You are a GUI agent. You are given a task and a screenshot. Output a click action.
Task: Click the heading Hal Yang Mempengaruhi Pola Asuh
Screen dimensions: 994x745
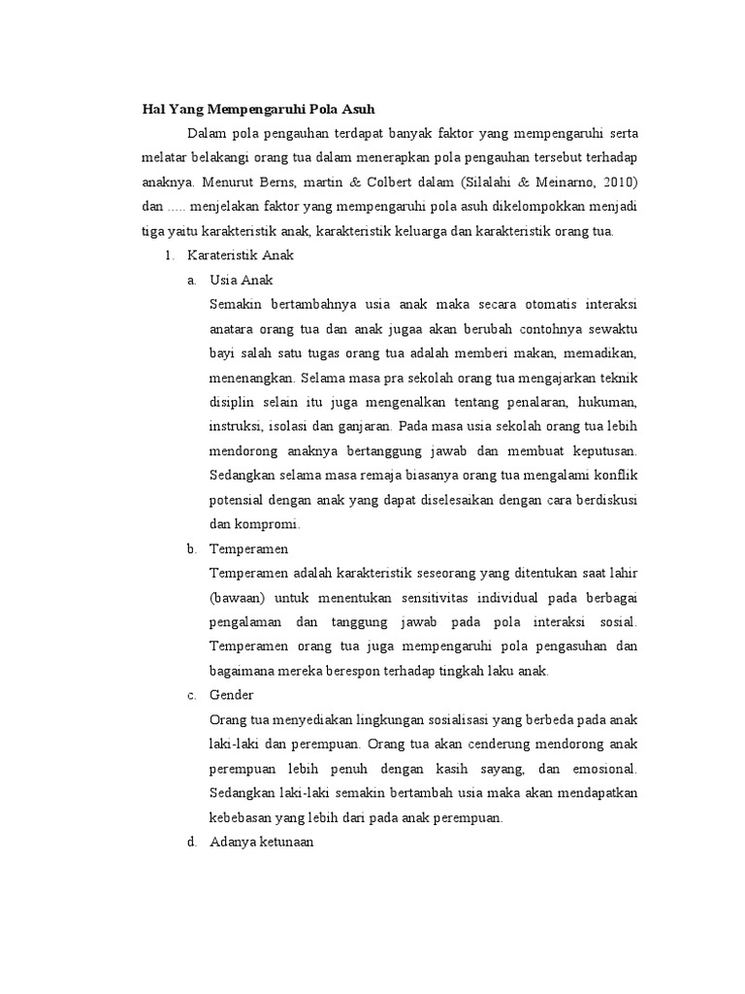tap(244, 109)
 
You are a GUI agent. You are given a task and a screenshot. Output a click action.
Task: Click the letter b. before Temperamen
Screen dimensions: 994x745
tap(192, 548)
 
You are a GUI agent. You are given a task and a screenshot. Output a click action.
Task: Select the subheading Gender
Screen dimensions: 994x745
tap(232, 695)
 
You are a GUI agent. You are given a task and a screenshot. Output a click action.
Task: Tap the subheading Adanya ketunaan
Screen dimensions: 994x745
tap(261, 843)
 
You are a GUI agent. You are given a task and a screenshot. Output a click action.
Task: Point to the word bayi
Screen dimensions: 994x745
tap(223, 351)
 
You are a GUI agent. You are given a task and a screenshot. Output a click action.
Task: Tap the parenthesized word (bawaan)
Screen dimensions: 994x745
tap(238, 597)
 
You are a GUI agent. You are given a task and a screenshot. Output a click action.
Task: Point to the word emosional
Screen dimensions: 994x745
tap(603, 769)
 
